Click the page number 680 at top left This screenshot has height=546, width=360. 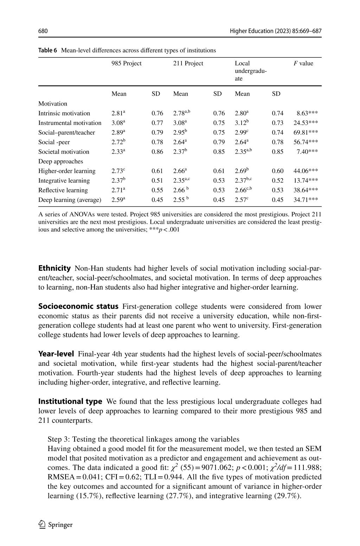pyautogui.click(x=43, y=31)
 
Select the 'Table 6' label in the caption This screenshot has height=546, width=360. pyautogui.click(x=47, y=50)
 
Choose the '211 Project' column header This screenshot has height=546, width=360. pyautogui.click(x=188, y=63)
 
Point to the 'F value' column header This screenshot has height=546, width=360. pyautogui.click(x=303, y=63)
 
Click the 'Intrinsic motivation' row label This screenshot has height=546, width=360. pyautogui.click(x=64, y=113)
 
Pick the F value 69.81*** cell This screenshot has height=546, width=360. pyautogui.click(x=306, y=133)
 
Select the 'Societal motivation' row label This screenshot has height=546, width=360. pyautogui.click(x=64, y=152)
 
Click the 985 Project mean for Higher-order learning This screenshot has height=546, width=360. pyautogui.click(x=118, y=171)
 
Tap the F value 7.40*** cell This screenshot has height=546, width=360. pyautogui.click(x=307, y=152)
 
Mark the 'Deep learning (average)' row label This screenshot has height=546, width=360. pyautogui.click(x=70, y=200)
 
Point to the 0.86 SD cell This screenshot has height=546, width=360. pyautogui.click(x=157, y=152)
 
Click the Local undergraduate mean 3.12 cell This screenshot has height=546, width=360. pyautogui.click(x=242, y=123)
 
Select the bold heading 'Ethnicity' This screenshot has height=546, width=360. pyautogui.click(x=54, y=268)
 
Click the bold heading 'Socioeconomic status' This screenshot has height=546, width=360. pyautogui.click(x=78, y=306)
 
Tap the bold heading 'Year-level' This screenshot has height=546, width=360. pyautogui.click(x=56, y=354)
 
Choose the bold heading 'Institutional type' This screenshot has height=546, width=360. pyautogui.click(x=70, y=401)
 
